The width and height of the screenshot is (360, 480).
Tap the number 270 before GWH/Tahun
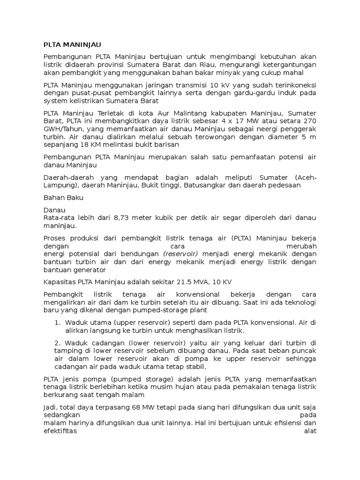pos(309,121)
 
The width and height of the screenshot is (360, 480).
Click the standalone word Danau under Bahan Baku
pos(54,210)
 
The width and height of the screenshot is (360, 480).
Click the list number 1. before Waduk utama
pos(57,322)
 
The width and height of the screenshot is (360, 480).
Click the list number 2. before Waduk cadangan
pos(58,343)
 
